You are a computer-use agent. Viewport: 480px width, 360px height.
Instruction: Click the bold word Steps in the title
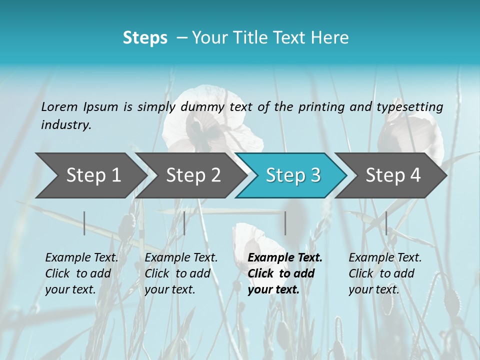coord(145,38)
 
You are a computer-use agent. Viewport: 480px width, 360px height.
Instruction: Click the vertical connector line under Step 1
coord(84,223)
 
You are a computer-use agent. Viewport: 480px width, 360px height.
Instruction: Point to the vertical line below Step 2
coord(184,223)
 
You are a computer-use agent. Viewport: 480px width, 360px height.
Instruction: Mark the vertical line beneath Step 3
coord(285,223)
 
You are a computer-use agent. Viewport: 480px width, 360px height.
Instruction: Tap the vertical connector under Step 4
coord(386,223)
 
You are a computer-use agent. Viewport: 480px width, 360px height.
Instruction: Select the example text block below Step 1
coord(81,273)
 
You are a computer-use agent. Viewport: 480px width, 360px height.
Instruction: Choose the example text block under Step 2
coord(181,273)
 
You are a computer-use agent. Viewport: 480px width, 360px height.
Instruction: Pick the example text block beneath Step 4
coord(385,273)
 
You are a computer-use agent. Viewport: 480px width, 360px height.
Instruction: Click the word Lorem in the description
coord(59,106)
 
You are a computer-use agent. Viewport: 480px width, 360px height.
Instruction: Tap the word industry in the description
coord(66,125)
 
